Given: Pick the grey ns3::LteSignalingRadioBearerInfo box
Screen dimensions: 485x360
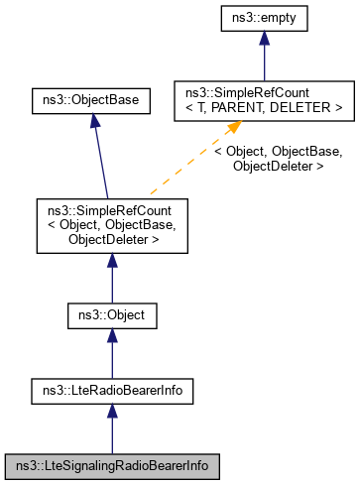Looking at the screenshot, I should click(x=111, y=463).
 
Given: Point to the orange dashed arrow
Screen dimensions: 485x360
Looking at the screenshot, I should click(x=188, y=163).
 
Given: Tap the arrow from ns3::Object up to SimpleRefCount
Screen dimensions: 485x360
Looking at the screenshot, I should click(x=111, y=280).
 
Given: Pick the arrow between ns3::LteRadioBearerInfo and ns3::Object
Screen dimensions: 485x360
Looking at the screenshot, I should click(x=111, y=354).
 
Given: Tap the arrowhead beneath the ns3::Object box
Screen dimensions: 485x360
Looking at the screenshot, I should click(x=111, y=339).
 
